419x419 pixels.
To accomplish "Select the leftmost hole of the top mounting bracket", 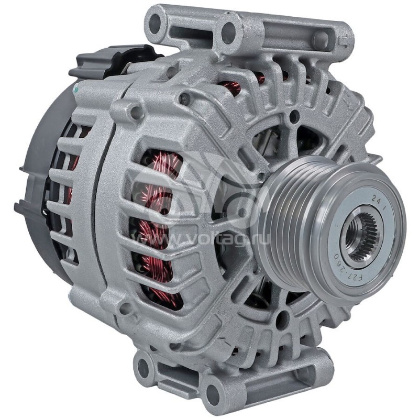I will click(155, 22).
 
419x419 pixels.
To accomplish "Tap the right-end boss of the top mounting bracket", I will click(321, 39).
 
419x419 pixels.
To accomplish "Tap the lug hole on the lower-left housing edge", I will click(125, 309).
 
